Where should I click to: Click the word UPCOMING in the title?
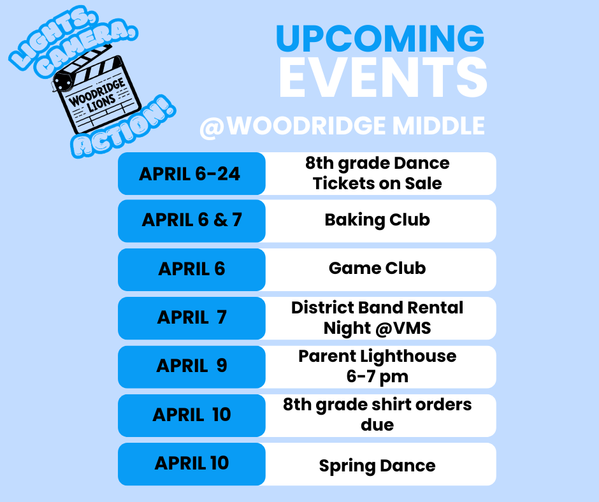click(x=380, y=39)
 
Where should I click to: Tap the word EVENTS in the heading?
click(x=382, y=78)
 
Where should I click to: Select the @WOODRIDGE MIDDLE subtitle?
click(x=342, y=125)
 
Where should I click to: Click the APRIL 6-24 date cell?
click(x=191, y=174)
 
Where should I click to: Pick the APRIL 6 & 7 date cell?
click(x=192, y=220)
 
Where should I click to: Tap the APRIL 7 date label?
click(x=192, y=317)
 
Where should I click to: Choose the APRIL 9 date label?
click(x=192, y=366)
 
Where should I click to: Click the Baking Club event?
click(x=377, y=220)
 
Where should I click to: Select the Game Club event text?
click(x=377, y=268)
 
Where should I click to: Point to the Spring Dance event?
click(x=377, y=466)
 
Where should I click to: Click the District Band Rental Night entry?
click(x=377, y=317)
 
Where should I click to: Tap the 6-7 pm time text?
click(x=377, y=376)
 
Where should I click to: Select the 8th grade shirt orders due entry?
click(x=377, y=414)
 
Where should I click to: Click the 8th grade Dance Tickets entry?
click(x=377, y=173)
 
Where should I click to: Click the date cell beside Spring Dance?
click(x=192, y=463)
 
